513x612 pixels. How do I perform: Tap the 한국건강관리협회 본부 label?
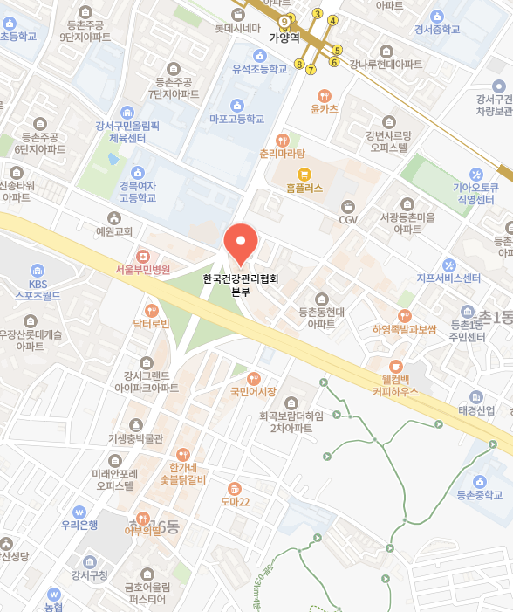240,286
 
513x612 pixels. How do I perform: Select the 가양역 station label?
284,38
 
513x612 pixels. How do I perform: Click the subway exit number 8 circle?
299,64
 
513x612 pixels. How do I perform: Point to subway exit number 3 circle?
318,14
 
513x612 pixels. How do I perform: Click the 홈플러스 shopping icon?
304,174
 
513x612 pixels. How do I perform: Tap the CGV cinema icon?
348,207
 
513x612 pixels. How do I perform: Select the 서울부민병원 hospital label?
142,270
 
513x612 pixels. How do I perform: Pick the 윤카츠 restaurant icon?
324,95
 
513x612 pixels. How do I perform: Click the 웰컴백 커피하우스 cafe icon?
396,367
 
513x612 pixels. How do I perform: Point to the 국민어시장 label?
253,391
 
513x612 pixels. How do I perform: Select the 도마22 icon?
234,488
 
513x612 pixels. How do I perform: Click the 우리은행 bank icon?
79,512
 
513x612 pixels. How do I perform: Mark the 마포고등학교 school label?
236,119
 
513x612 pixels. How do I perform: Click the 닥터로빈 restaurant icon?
151,310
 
